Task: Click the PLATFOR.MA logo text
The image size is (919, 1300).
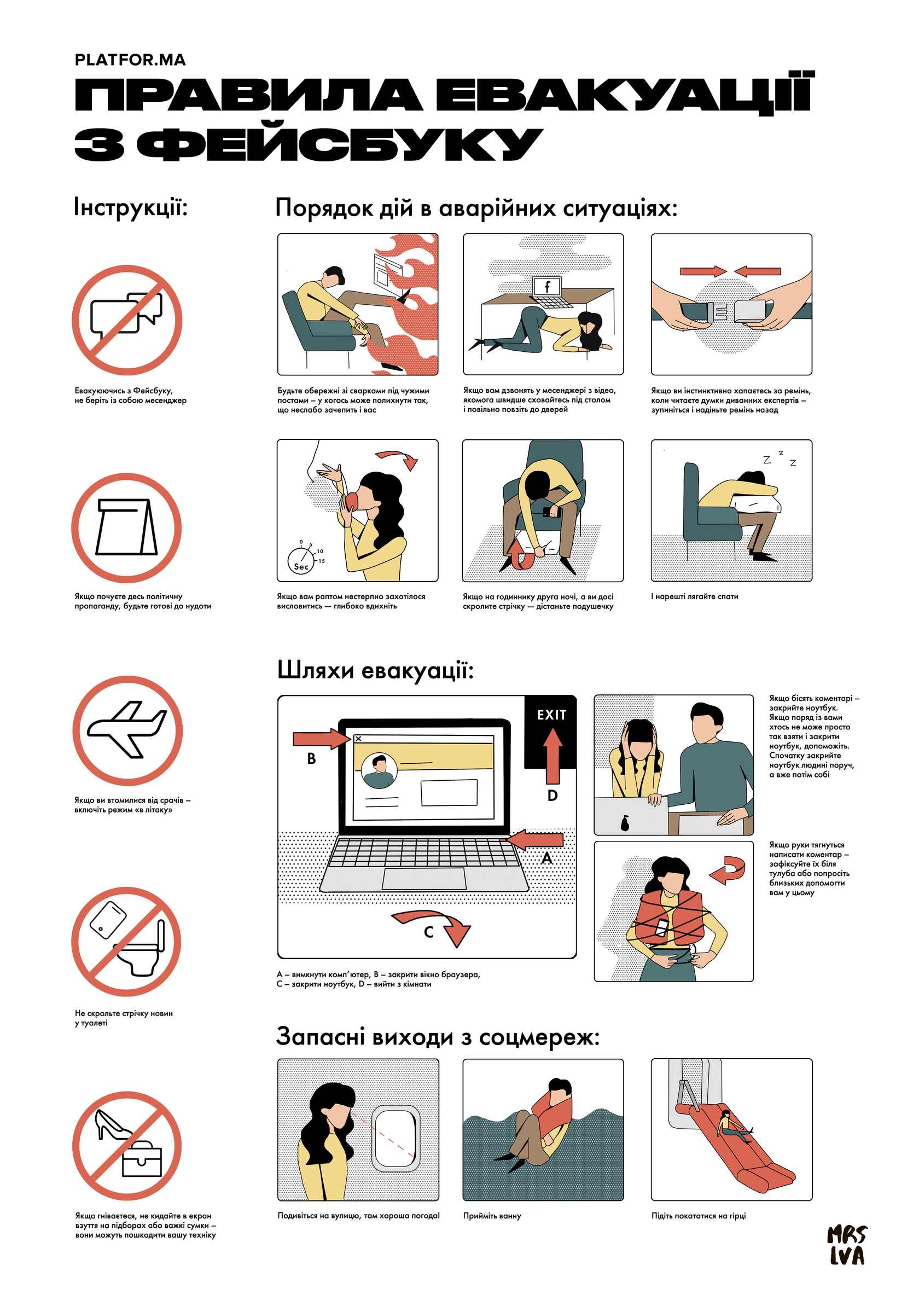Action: (130, 60)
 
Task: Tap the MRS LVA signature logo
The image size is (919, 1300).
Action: (847, 1245)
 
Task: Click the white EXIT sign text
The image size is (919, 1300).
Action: (551, 715)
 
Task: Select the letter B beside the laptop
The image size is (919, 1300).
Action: (311, 759)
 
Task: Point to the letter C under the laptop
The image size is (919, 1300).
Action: (429, 932)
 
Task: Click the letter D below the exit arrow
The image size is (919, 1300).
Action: (552, 796)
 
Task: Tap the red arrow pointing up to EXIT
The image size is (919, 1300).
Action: (552, 755)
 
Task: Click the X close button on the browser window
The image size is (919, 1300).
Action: (358, 738)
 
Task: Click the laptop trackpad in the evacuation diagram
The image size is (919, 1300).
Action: (424, 879)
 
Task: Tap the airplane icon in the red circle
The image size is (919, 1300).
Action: (127, 729)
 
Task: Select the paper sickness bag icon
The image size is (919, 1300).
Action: (126, 526)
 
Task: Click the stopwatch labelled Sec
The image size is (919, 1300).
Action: (301, 559)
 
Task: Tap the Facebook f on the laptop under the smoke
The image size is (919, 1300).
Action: (546, 287)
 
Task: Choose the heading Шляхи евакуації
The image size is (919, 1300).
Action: (375, 671)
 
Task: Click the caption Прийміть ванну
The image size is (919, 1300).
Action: (492, 1216)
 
